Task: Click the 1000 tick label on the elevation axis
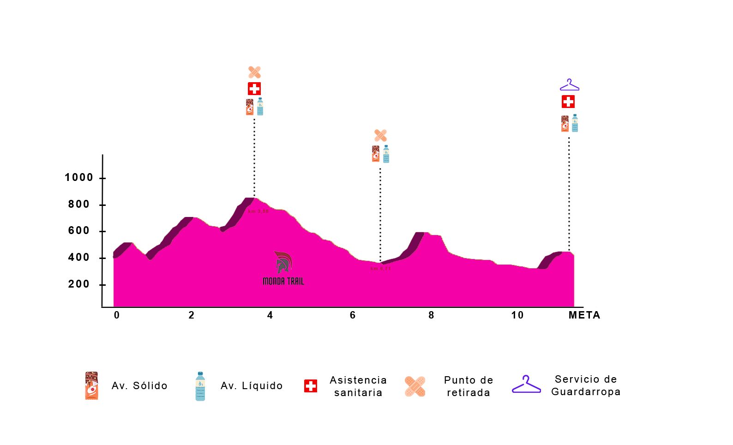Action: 78,178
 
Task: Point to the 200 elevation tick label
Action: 78,284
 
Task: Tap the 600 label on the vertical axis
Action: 78,231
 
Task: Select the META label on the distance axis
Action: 584,315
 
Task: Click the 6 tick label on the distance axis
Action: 353,315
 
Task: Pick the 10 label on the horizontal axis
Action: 517,315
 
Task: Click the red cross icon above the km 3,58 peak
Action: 254,89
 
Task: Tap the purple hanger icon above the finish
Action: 570,85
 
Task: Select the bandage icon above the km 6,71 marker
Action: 380,135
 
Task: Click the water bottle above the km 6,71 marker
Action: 386,154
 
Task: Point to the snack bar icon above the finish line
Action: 565,124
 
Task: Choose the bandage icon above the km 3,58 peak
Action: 254,72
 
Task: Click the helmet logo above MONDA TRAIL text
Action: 283,262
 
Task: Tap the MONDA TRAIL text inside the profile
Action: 283,281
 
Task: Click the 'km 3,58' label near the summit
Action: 258,211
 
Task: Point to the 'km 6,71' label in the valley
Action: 381,269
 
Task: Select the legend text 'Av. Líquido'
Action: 252,386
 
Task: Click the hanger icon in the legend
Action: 526,385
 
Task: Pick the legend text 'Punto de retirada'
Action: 469,386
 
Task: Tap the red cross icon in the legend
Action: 311,386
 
